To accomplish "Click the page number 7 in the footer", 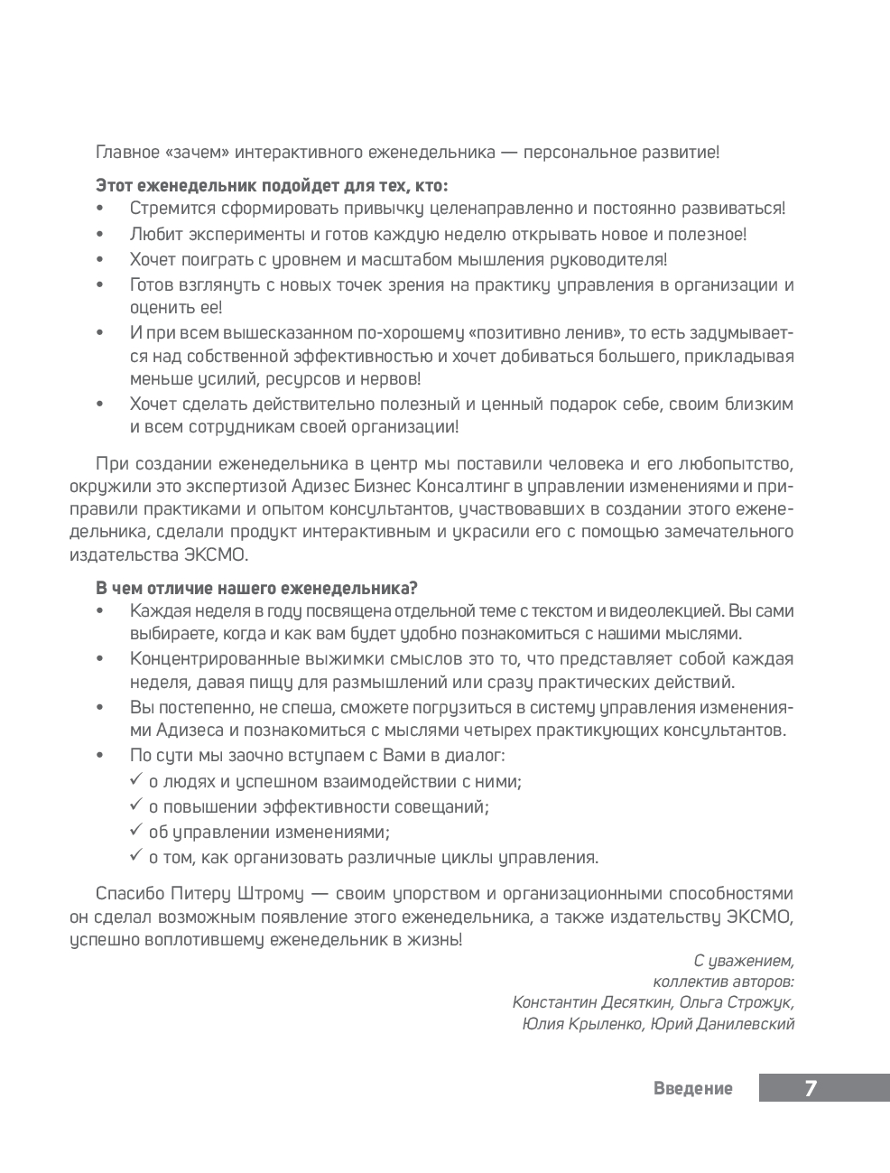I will [x=810, y=1088].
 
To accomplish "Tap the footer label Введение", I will [x=692, y=1089].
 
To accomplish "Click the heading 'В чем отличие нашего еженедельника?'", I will [x=256, y=588].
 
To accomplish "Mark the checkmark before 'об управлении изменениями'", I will [x=136, y=831].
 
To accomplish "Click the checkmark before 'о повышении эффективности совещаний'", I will [x=136, y=805].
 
